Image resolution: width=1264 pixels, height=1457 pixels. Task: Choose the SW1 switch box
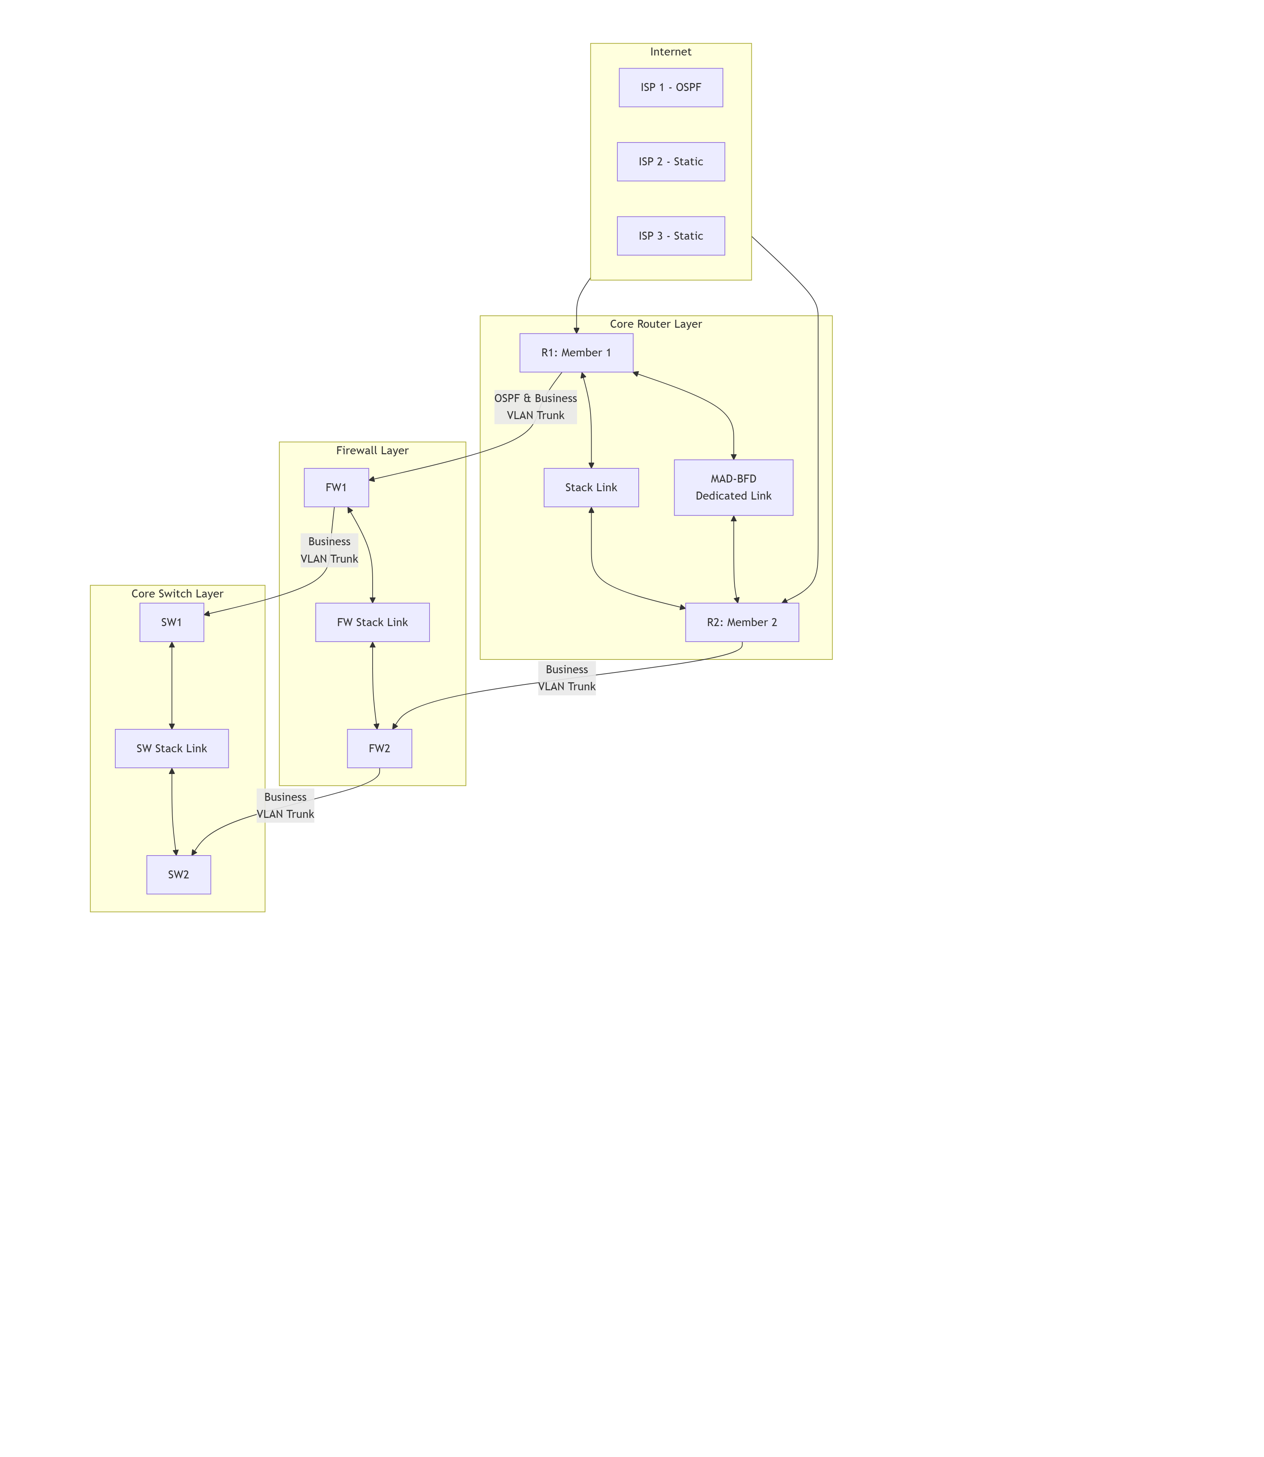tap(171, 622)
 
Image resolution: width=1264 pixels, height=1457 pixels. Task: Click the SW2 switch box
tap(178, 875)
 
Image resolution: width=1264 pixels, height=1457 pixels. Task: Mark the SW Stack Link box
tap(171, 749)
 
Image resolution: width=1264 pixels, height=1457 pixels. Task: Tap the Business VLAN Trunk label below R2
tap(567, 678)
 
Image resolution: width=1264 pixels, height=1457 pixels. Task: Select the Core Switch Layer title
tap(177, 593)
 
